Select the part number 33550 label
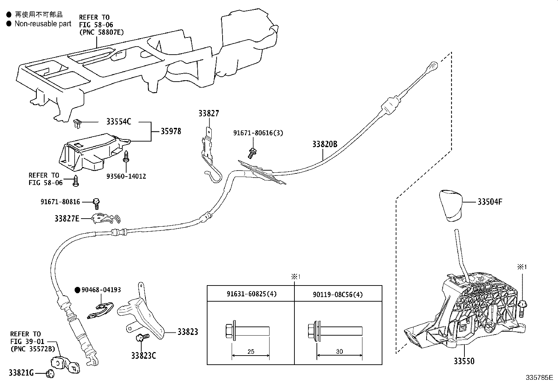(464, 361)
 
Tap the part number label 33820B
(325, 144)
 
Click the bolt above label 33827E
(96, 203)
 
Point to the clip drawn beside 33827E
(105, 218)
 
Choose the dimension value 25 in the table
(251, 351)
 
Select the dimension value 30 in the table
(339, 351)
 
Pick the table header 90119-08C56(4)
(338, 294)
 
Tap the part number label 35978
(171, 131)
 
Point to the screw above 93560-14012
(126, 156)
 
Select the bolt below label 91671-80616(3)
(251, 152)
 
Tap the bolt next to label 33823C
(141, 337)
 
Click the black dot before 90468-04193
(77, 290)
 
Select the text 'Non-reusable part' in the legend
(43, 24)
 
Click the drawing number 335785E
(539, 378)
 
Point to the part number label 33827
(209, 113)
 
